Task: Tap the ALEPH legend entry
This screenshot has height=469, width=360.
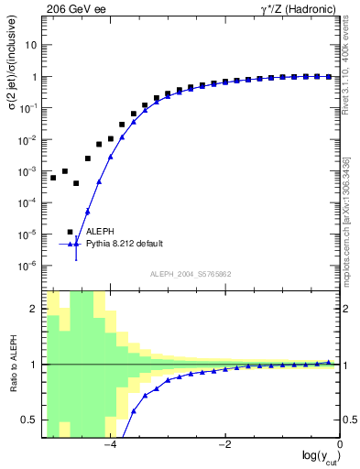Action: [102, 232]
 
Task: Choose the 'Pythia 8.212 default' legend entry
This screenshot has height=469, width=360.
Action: [125, 244]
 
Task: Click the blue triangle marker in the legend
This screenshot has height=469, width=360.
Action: [76, 245]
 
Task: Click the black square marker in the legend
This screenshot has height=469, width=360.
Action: [70, 232]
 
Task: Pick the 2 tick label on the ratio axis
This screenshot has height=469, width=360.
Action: [35, 309]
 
